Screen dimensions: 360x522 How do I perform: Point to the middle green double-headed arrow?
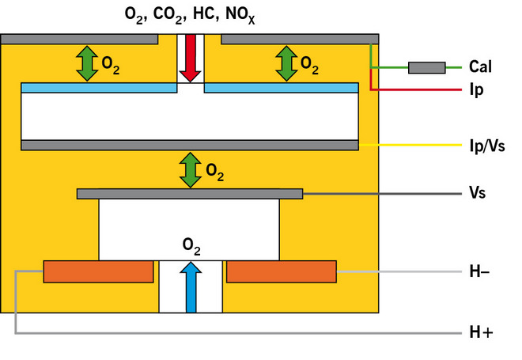click(x=190, y=169)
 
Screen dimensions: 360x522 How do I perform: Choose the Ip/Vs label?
click(x=482, y=146)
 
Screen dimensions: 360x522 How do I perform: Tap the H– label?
click(x=478, y=272)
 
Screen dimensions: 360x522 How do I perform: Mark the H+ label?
click(x=480, y=334)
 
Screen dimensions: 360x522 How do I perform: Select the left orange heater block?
click(x=98, y=272)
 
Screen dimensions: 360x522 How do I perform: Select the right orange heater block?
click(x=282, y=272)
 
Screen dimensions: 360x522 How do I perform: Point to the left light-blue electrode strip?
click(x=99, y=88)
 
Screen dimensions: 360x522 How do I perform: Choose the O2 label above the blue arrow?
click(x=191, y=247)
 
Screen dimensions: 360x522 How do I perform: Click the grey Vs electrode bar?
click(x=190, y=194)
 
